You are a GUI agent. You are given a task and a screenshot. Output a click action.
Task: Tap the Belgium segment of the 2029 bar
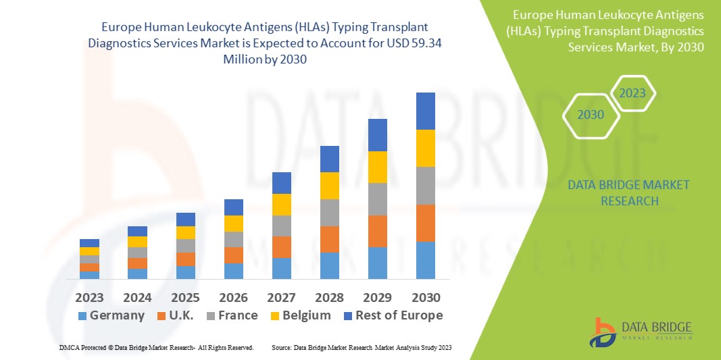[x=377, y=167]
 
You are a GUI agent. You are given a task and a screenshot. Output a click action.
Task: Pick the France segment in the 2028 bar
[x=329, y=212]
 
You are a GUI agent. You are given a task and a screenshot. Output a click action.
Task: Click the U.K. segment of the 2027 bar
[x=281, y=247]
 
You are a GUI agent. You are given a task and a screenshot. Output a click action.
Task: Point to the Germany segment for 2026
[x=233, y=271]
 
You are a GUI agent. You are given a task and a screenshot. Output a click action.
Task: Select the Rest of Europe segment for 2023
[x=89, y=243]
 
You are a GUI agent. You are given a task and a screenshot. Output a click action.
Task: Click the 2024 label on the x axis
[x=137, y=298]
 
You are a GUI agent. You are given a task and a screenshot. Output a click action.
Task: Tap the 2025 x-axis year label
[x=185, y=298]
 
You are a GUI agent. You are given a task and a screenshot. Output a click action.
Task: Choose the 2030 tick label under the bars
[x=425, y=298]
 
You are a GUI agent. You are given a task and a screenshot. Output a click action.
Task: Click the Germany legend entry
[x=111, y=315]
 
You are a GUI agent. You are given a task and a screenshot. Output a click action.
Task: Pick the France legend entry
[x=232, y=315]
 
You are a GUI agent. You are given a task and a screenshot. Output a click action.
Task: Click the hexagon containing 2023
[x=632, y=93]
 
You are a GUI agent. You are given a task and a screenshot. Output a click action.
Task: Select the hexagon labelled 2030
[x=591, y=115]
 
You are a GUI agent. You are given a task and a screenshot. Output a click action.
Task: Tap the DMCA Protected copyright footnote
[x=156, y=347]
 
